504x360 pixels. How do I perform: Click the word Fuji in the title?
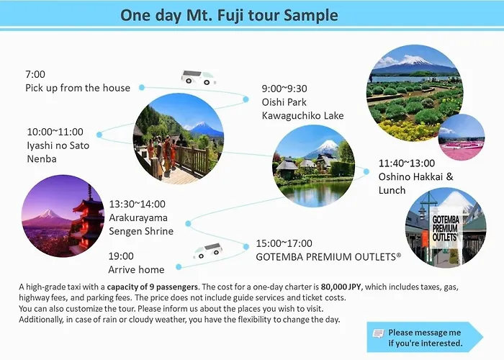(x=231, y=15)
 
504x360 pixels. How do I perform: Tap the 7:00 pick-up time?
(x=35, y=74)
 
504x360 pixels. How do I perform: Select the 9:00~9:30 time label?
(x=284, y=89)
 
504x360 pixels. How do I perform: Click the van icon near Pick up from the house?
(x=198, y=78)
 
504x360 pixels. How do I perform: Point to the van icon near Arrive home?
(x=208, y=251)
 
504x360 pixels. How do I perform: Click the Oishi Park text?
(x=284, y=102)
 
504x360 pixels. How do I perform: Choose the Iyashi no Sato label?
(x=58, y=145)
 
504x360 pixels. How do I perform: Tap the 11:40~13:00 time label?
(x=407, y=163)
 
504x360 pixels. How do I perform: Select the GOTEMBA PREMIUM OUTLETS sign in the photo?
(x=445, y=228)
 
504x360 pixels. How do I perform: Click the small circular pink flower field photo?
(x=462, y=138)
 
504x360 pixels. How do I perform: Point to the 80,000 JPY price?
(x=341, y=287)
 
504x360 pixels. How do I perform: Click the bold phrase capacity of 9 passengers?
(x=153, y=287)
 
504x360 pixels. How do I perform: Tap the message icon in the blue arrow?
(x=378, y=333)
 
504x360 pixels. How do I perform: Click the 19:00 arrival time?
(x=121, y=256)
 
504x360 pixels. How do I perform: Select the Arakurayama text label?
(x=138, y=217)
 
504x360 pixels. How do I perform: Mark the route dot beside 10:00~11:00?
(x=99, y=135)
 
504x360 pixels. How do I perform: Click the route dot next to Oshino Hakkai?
(x=366, y=171)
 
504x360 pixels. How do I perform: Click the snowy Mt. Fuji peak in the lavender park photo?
(x=415, y=60)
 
